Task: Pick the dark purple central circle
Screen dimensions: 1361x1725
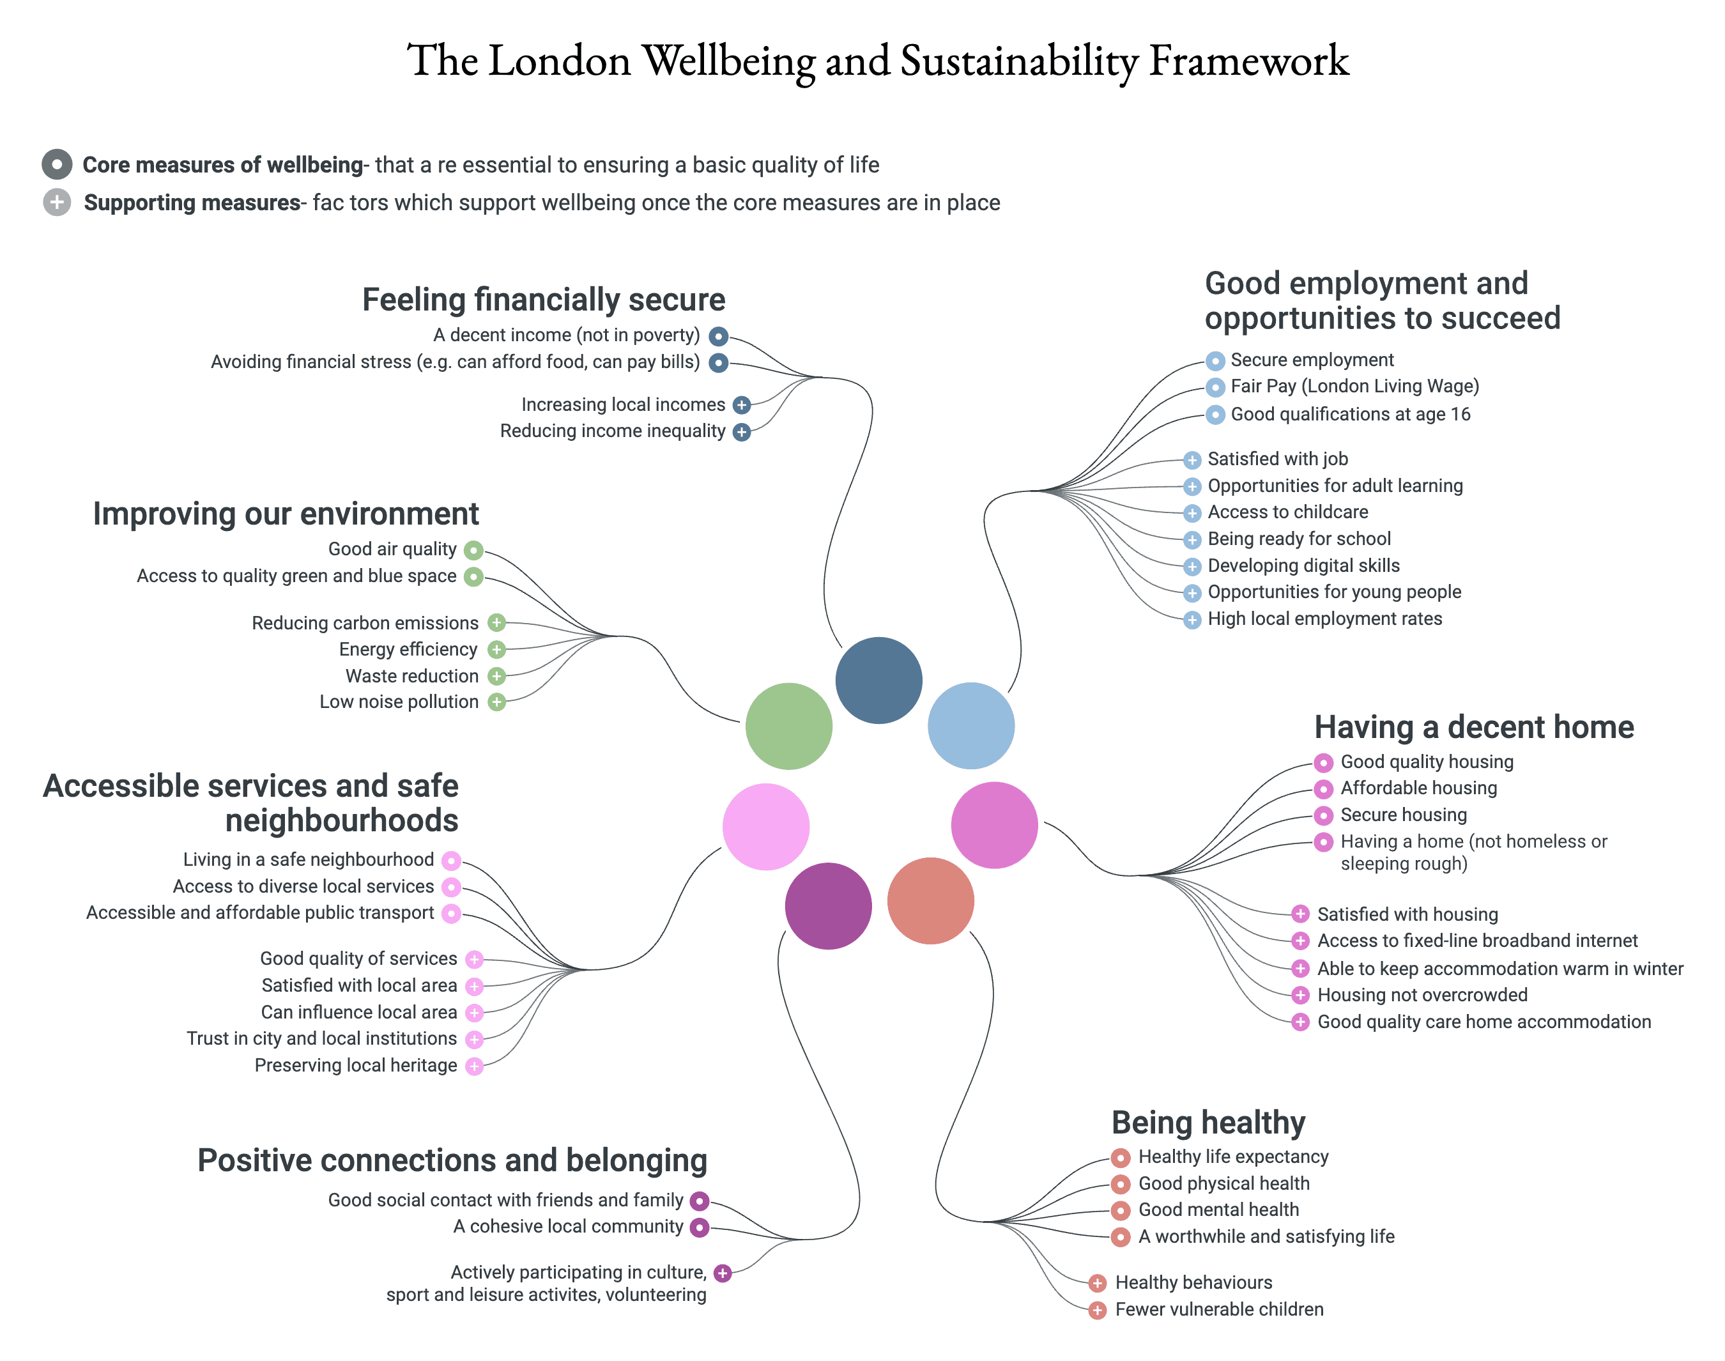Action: tap(828, 905)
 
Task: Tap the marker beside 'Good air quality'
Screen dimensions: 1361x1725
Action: tap(473, 550)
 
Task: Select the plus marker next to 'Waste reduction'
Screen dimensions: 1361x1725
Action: tap(496, 676)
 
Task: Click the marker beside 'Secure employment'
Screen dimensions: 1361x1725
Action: tap(1215, 361)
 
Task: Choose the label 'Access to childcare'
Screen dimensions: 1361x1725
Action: tap(1287, 512)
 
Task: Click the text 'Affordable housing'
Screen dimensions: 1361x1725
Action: tap(1418, 788)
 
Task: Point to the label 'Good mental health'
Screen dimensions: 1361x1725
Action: tap(1218, 1210)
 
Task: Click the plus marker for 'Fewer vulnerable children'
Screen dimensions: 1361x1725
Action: tap(1097, 1310)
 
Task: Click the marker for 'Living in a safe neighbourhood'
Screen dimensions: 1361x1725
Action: tap(451, 861)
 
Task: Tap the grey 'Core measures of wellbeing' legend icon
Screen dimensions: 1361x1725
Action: tap(57, 164)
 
